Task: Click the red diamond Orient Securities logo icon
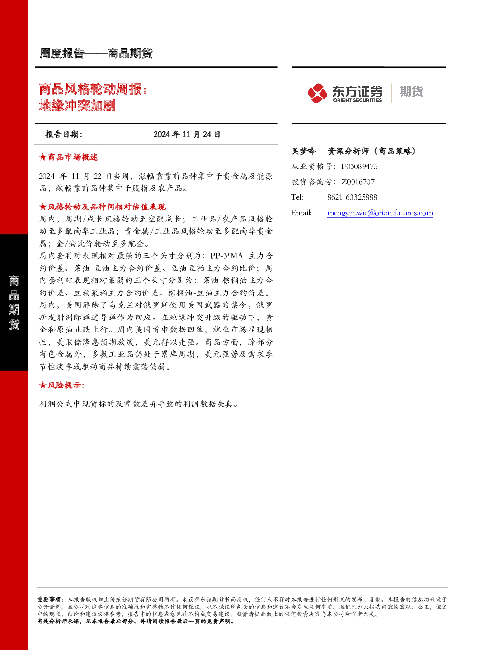point(317,93)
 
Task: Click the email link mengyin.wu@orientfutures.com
point(380,213)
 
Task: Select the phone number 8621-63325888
point(352,197)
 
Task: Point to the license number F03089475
point(359,166)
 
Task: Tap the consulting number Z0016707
point(358,181)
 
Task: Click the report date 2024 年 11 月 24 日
point(187,134)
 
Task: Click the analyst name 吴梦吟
point(303,151)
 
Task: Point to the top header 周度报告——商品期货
point(96,54)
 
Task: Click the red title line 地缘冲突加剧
point(77,105)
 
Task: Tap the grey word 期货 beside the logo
point(411,91)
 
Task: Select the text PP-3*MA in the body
point(227,256)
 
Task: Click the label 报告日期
point(64,134)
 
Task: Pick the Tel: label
point(297,197)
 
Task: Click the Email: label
point(301,213)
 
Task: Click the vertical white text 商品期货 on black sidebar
point(14,302)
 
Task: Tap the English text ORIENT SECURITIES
point(357,100)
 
